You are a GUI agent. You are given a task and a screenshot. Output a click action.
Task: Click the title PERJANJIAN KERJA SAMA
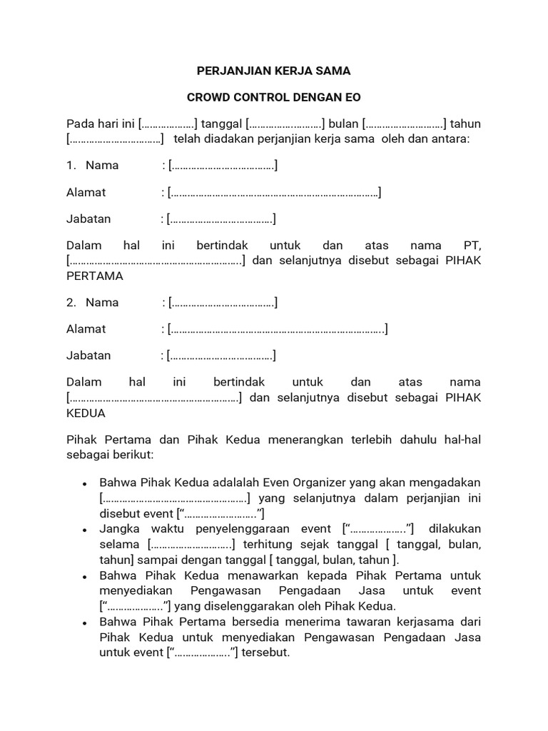pyautogui.click(x=274, y=71)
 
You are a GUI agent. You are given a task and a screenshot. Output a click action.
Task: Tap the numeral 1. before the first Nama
pyautogui.click(x=71, y=166)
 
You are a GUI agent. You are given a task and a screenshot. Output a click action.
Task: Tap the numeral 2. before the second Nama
pyautogui.click(x=71, y=303)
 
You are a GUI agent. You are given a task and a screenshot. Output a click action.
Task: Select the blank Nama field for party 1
pyautogui.click(x=223, y=166)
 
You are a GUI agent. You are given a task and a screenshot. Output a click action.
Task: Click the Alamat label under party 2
pyautogui.click(x=86, y=329)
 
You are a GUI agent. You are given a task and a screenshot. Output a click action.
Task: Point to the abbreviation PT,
pyautogui.click(x=472, y=245)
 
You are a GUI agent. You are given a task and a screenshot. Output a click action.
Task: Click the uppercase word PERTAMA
pyautogui.click(x=94, y=276)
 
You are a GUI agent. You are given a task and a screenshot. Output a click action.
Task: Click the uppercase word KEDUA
pyautogui.click(x=86, y=413)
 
